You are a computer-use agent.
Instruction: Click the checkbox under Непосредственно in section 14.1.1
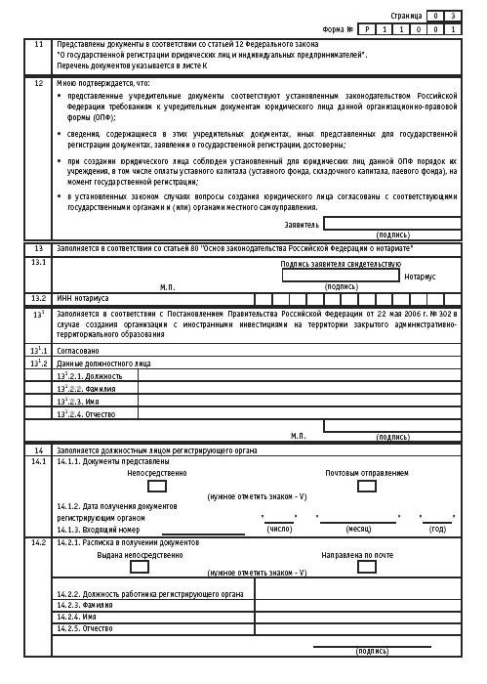coord(157,486)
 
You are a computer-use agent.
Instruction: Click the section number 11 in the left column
coord(38,45)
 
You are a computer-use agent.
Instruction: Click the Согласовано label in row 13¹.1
coord(79,349)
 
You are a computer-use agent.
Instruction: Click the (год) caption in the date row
coord(437,529)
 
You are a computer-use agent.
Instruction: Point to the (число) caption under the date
coord(280,529)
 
